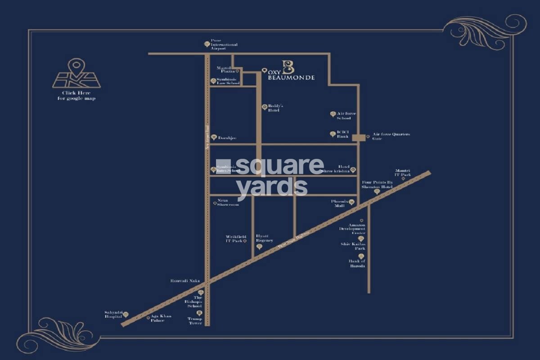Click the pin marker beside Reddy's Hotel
pos(265,107)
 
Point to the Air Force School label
pos(346,116)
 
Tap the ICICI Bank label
pos(343,134)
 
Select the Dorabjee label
pos(227,138)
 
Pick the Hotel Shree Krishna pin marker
pos(353,170)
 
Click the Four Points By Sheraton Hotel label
pos(378,184)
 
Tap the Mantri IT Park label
pos(403,172)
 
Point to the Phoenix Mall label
pos(338,203)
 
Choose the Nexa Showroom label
pos(228,202)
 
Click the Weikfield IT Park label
pos(234,238)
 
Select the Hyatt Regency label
pos(265,238)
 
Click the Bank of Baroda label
pos(357,263)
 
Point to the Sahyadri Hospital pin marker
pos(126,314)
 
